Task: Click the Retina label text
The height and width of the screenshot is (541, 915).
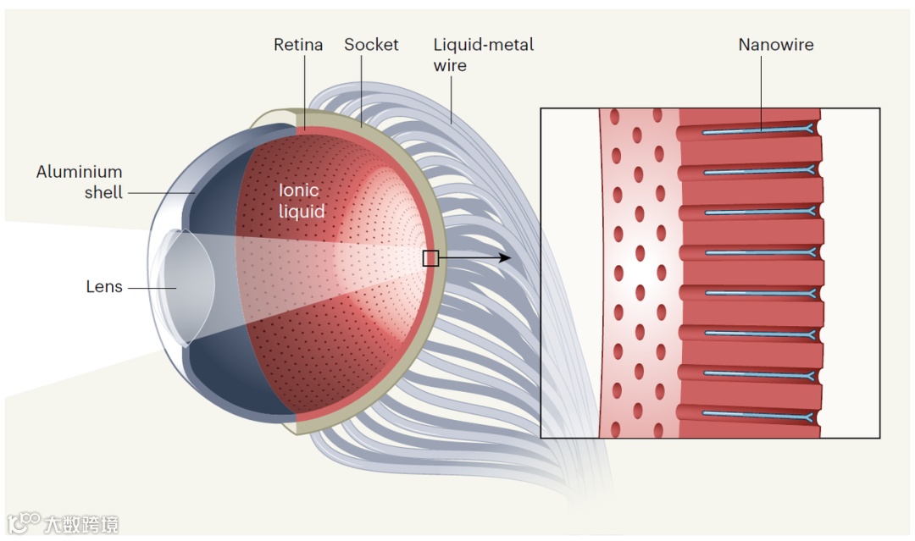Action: pos(298,45)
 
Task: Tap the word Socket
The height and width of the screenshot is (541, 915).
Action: pos(371,45)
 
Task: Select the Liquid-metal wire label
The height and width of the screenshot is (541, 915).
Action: pos(483,54)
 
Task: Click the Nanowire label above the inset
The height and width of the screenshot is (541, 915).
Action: pos(775,45)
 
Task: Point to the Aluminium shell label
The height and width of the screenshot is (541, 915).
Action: pos(80,182)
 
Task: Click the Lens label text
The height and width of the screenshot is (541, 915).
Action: pos(104,287)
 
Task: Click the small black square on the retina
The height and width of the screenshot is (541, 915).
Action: pos(430,258)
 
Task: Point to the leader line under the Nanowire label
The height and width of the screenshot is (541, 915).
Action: pos(760,93)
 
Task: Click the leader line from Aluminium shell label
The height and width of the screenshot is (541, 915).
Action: pos(161,193)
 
